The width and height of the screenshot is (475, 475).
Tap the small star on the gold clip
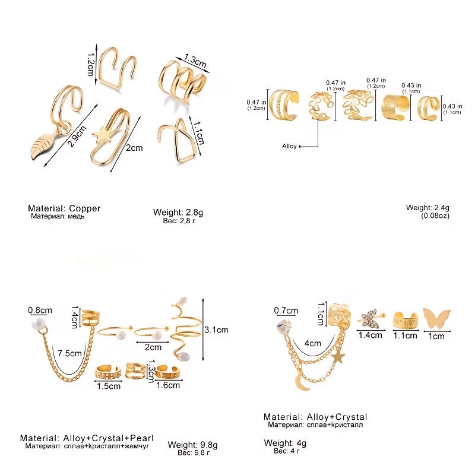102,135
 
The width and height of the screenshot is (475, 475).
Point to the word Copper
84,208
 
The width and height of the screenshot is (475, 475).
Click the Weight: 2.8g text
178,212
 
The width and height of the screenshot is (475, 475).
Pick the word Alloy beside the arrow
289,146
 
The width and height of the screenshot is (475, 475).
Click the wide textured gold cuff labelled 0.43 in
395,108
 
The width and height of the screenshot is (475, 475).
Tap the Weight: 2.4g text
427,208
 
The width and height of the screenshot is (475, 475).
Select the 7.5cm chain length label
69,353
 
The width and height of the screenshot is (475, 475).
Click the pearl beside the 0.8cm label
39,323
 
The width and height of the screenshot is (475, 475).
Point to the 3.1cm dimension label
216,330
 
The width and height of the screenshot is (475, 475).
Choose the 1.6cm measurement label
168,385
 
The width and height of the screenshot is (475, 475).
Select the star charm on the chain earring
338,357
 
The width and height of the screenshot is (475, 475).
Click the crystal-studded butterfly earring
370,319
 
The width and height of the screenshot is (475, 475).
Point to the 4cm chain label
313,343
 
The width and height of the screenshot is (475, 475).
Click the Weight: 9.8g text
192,445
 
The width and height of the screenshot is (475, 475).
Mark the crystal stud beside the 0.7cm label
284,327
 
